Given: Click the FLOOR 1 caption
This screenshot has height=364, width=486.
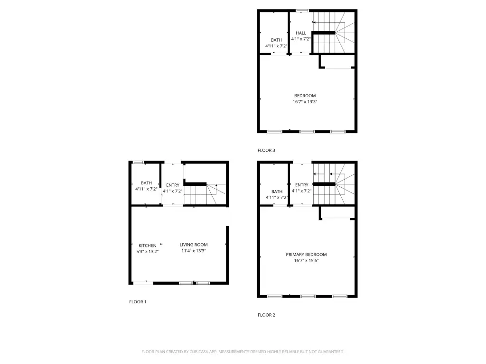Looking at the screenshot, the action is click(138, 302).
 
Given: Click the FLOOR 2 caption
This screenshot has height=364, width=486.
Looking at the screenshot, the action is click(266, 315).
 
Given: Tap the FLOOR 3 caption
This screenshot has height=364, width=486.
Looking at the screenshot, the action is click(266, 150).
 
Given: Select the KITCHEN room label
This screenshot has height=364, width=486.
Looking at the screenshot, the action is click(148, 246).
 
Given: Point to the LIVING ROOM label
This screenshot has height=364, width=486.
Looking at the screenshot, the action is click(194, 245).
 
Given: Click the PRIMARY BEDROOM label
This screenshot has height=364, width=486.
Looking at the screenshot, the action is click(306, 255).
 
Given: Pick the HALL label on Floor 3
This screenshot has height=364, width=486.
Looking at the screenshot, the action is click(301, 33).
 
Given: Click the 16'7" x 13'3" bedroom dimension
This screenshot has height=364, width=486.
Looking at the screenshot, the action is click(305, 101).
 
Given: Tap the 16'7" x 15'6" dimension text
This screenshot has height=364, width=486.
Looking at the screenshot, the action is click(306, 260).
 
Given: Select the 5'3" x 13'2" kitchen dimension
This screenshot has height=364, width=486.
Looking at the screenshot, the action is click(148, 252).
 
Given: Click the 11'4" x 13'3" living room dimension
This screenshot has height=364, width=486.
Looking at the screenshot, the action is click(194, 251).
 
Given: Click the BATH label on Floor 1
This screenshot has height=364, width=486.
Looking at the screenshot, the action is click(146, 183).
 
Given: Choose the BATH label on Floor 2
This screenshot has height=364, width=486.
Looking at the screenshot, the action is click(277, 191).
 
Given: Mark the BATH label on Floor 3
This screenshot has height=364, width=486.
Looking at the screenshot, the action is click(276, 40).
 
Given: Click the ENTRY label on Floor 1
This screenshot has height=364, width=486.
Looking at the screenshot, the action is click(173, 185).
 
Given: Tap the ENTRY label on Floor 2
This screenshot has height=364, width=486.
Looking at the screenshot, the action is click(301, 185).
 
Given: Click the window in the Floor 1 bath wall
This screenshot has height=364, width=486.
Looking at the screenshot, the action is click(138, 162).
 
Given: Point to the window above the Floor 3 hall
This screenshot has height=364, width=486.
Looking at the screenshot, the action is click(302, 10).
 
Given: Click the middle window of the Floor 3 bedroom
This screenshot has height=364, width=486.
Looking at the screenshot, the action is click(307, 132).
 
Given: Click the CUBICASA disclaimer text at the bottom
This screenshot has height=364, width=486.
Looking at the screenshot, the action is click(243, 352).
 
